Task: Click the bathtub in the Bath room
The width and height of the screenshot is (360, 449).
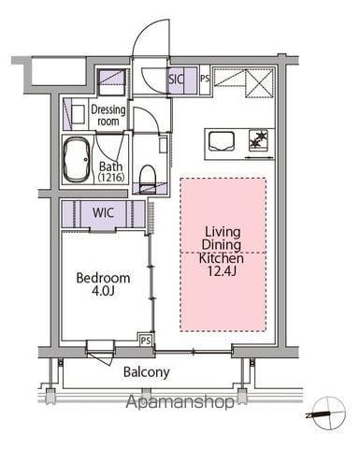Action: coord(77,159)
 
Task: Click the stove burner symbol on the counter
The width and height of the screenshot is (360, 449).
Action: coord(258,139)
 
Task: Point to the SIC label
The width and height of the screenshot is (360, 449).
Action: coord(176,79)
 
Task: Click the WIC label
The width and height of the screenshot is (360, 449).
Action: coord(103,213)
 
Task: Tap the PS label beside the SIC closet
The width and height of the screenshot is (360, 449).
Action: coord(205,79)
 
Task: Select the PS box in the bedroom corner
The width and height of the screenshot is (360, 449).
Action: coord(146,340)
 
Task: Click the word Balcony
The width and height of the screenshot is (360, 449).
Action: coord(147,372)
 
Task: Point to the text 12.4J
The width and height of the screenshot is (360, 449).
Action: coord(222,271)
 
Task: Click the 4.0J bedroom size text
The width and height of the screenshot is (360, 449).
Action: coord(103,291)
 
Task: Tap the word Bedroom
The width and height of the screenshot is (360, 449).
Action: coord(103,278)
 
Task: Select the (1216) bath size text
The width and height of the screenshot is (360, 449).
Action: coord(111,178)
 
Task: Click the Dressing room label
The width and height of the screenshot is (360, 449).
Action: coord(108,115)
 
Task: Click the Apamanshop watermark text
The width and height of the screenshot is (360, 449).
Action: coord(180,401)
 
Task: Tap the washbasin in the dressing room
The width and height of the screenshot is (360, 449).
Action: coord(78,114)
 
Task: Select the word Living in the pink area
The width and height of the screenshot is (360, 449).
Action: coord(223,232)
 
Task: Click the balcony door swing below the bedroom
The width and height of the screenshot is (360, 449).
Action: coord(101,357)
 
